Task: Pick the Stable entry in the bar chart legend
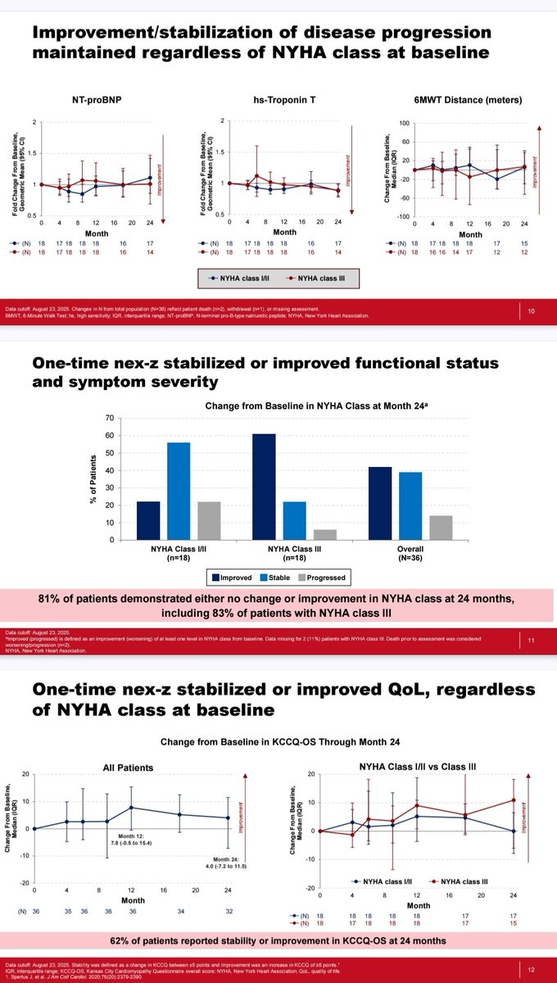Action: pyautogui.click(x=281, y=578)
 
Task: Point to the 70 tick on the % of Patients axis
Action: pyautogui.click(x=108, y=419)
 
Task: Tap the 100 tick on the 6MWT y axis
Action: pyautogui.click(x=403, y=123)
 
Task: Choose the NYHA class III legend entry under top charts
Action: pyautogui.click(x=314, y=279)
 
